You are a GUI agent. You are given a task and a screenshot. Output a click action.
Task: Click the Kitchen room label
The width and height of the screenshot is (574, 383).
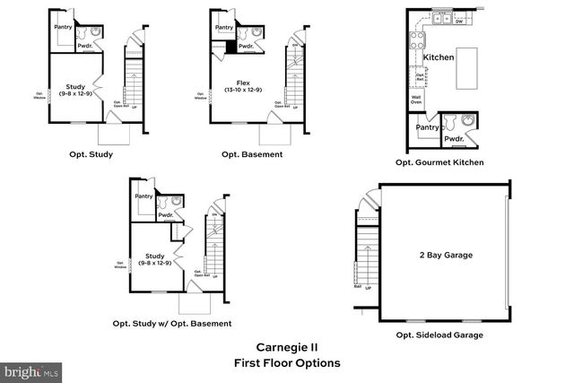[x=439, y=57]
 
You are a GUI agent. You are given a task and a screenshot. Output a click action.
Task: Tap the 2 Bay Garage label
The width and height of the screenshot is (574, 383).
[x=446, y=256]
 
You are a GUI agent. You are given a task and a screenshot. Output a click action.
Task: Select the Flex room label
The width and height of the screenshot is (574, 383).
[x=236, y=84]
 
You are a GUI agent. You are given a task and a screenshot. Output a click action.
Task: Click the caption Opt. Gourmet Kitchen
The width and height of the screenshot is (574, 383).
[x=439, y=162]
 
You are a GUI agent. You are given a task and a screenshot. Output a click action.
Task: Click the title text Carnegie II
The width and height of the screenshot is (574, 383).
[x=286, y=347]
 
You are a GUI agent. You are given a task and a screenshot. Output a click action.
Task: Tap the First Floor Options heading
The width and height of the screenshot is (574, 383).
[x=286, y=363]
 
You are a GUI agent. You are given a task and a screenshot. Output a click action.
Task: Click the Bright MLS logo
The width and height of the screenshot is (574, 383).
[x=31, y=370]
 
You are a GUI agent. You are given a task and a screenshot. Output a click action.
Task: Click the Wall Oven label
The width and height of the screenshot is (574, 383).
[x=416, y=100]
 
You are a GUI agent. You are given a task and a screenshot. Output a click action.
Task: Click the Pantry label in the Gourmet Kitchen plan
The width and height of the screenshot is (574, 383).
[x=427, y=127]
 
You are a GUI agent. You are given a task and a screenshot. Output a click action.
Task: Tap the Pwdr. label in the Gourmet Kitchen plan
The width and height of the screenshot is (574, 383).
[x=454, y=139]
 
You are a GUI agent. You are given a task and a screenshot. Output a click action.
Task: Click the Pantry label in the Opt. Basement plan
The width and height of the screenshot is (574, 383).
[x=224, y=28]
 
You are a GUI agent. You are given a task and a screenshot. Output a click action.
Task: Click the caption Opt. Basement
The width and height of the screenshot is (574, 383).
[x=252, y=154]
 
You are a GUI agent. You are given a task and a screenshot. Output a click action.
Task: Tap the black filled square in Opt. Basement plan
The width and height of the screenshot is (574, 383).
[x=230, y=47]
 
